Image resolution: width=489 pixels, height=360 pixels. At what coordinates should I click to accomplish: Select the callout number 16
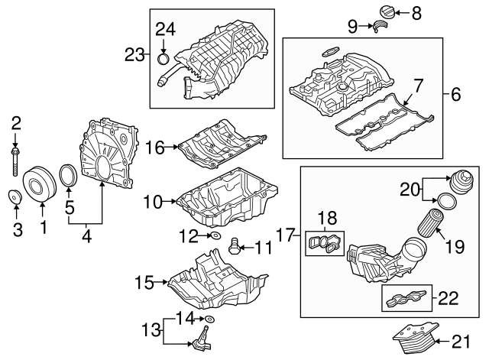coord(155,147)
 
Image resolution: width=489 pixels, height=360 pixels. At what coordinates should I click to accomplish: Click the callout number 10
coord(152,202)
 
